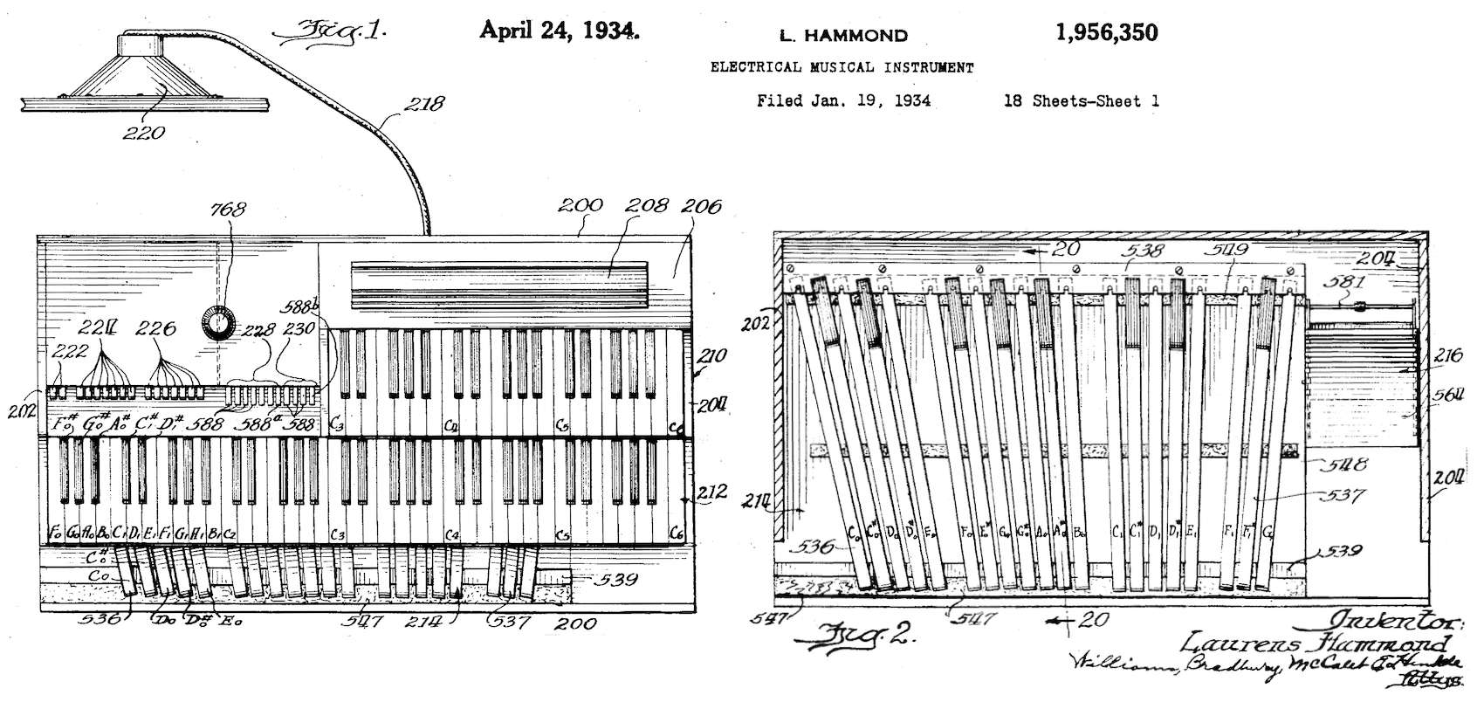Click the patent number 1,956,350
click(x=1106, y=33)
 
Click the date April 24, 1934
click(x=559, y=31)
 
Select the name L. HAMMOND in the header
click(x=842, y=36)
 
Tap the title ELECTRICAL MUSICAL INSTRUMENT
click(x=842, y=67)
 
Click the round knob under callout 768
click(x=216, y=323)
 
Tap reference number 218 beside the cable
click(x=423, y=105)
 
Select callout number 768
click(x=228, y=210)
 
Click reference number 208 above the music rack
click(x=648, y=205)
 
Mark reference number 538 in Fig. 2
click(x=1144, y=251)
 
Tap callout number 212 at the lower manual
click(x=711, y=492)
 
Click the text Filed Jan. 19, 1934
click(x=843, y=100)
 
